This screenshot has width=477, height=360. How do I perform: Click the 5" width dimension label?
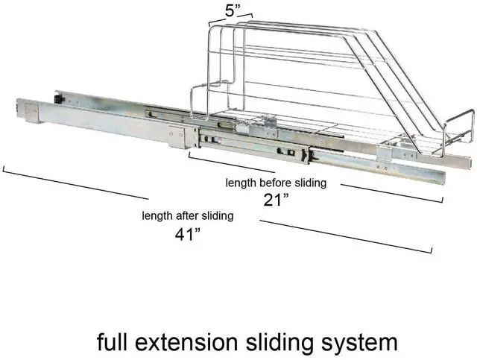[x=233, y=11]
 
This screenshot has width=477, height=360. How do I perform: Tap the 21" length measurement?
[x=276, y=200]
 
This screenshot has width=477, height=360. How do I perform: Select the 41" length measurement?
[x=188, y=234]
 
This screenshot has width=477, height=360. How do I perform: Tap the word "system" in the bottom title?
[x=359, y=344]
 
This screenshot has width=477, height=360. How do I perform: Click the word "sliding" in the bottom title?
[x=279, y=344]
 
